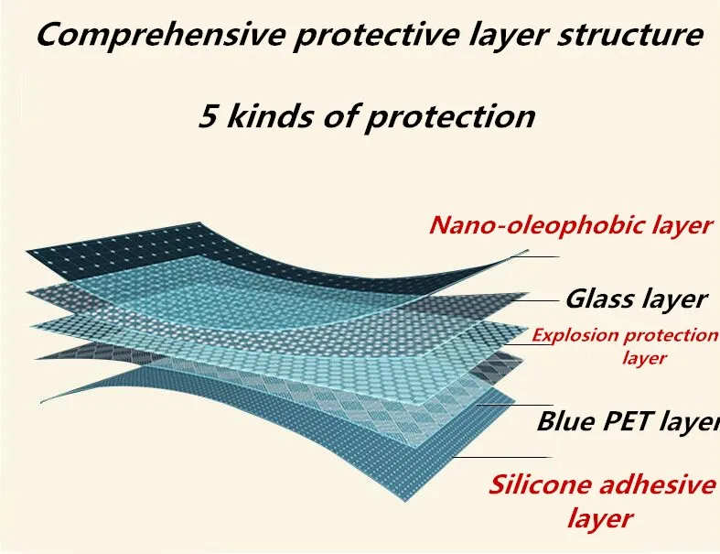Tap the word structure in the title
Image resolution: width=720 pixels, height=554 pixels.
630,35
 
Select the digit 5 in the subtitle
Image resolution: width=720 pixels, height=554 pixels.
208,116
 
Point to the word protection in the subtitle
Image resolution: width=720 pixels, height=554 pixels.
450,118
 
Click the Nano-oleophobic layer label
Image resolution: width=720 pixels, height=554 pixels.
571,226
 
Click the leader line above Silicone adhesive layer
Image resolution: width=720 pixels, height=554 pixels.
501,458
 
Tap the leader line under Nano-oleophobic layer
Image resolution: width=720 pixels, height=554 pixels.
535,256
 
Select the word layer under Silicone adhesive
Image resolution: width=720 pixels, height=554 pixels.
600,518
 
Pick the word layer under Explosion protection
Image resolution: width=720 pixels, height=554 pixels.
644,357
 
